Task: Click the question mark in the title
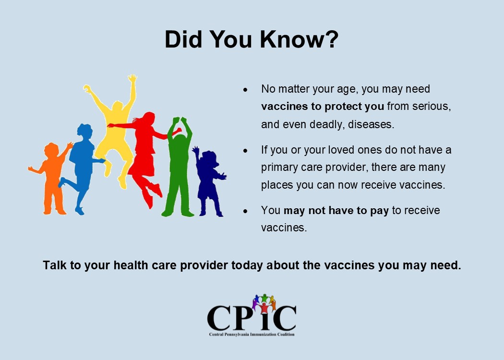pos(330,39)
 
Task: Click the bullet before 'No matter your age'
pos(246,90)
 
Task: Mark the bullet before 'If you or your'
pos(246,150)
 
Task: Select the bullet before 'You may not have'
pos(246,211)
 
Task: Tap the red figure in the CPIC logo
pos(264,308)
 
